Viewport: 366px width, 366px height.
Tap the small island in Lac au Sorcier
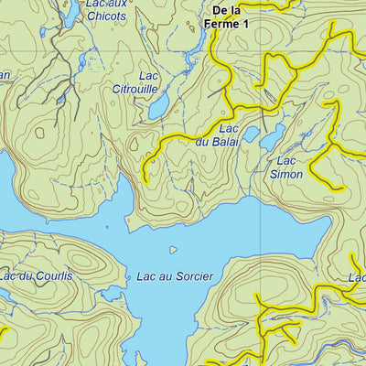click(x=172, y=249)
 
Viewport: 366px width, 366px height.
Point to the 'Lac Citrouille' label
click(x=160, y=82)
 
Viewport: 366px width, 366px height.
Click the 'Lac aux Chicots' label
click(x=105, y=11)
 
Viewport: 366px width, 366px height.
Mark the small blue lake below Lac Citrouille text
click(x=158, y=109)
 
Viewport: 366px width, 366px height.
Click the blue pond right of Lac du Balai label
click(x=271, y=139)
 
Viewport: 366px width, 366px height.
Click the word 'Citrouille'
click(x=160, y=89)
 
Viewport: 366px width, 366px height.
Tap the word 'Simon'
click(x=286, y=173)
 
